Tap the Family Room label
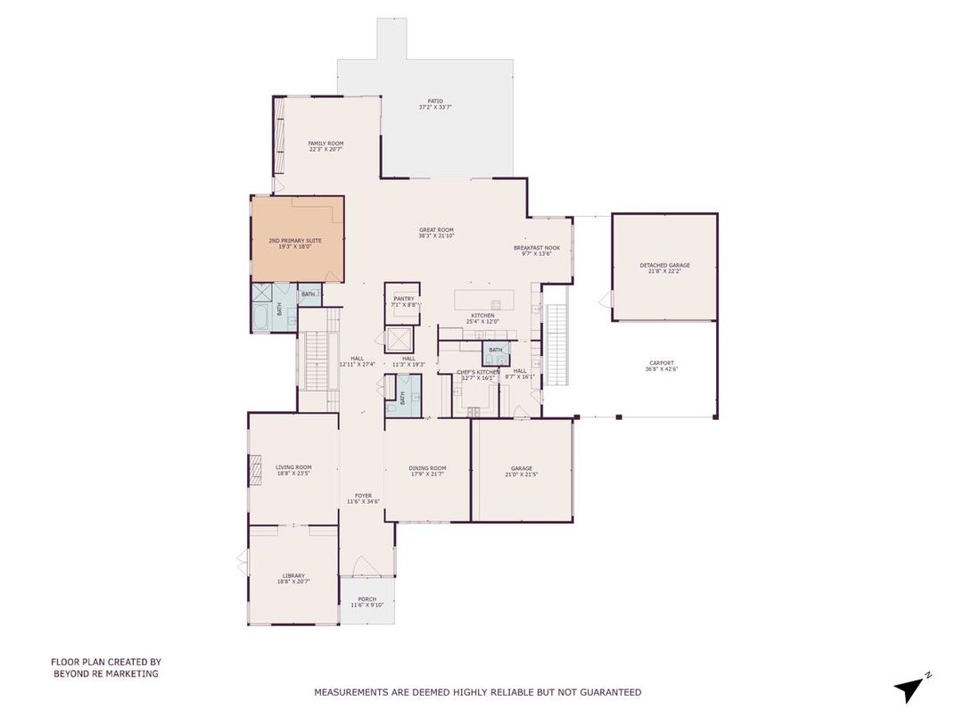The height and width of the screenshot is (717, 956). click(326, 146)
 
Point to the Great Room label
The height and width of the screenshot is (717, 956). click(436, 233)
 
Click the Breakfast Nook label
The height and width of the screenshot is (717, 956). click(536, 251)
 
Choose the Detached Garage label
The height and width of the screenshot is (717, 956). click(664, 268)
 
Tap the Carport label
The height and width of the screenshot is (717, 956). click(661, 366)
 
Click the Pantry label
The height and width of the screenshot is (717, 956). click(404, 301)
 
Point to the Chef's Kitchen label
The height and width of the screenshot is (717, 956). click(478, 375)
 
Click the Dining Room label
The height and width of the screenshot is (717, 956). click(427, 471)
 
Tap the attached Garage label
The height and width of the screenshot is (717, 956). click(522, 471)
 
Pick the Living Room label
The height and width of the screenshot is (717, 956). click(293, 470)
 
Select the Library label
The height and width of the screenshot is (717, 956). click(293, 578)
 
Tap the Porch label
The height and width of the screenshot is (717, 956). click(367, 602)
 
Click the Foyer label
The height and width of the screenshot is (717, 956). click(363, 499)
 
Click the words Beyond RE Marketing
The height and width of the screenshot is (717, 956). click(105, 674)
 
